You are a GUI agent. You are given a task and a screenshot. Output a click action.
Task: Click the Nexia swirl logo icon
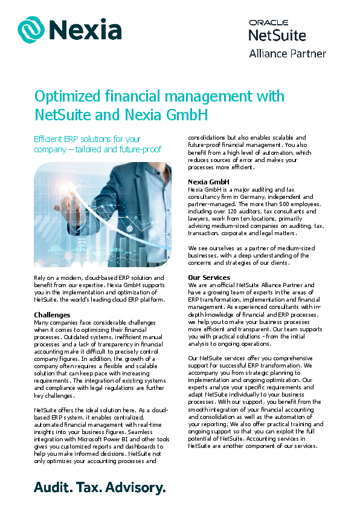(x=31, y=29)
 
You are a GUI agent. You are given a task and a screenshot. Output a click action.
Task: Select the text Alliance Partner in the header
(x=288, y=53)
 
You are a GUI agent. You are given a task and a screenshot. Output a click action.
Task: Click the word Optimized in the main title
(x=67, y=96)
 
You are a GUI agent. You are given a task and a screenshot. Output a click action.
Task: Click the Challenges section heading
(x=52, y=315)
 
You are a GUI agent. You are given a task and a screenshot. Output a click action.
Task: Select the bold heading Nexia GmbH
(x=208, y=181)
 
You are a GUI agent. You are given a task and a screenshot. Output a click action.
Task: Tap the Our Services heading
(x=209, y=277)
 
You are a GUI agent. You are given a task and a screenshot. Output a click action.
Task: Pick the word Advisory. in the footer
(x=137, y=487)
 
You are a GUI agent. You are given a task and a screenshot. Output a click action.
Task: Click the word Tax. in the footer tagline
(x=93, y=487)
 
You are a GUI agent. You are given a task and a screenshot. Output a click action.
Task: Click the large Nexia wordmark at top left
(x=86, y=29)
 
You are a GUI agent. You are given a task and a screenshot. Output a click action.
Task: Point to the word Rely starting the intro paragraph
(x=40, y=277)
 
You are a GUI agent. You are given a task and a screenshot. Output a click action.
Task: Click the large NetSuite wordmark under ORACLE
(x=277, y=36)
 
